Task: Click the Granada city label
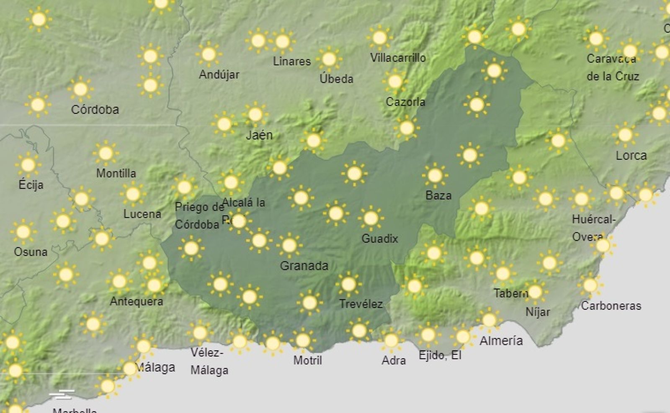pyautogui.click(x=304, y=266)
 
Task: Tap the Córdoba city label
pyautogui.click(x=95, y=110)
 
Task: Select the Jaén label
pyautogui.click(x=259, y=135)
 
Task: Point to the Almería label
pyautogui.click(x=501, y=341)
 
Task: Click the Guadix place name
pyautogui.click(x=379, y=239)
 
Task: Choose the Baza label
pyautogui.click(x=438, y=195)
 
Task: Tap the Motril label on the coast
pyautogui.click(x=308, y=360)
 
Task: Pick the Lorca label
pyautogui.click(x=631, y=156)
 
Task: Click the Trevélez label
pyautogui.click(x=361, y=304)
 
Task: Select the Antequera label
pyautogui.click(x=136, y=301)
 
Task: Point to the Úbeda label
pyautogui.click(x=336, y=79)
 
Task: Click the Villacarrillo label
pyautogui.click(x=398, y=58)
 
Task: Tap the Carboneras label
pyautogui.click(x=611, y=306)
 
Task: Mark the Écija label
pyautogui.click(x=31, y=185)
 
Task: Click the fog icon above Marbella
pyautogui.click(x=62, y=394)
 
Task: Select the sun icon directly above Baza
pyautogui.click(x=435, y=175)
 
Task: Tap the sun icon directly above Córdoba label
pyautogui.click(x=80, y=89)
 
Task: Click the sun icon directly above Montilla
pyautogui.click(x=106, y=153)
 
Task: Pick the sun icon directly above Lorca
pyautogui.click(x=625, y=135)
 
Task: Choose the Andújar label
pyautogui.click(x=219, y=75)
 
